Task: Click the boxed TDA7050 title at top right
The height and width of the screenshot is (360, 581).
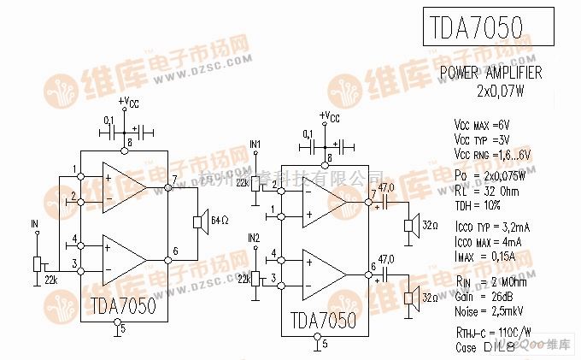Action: coord(484,28)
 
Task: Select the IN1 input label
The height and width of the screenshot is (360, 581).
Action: coord(255,143)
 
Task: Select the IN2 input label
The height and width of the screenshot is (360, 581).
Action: coord(253,237)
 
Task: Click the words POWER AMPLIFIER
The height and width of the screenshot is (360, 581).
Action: coord(490,74)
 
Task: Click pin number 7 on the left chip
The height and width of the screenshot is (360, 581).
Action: coord(174,179)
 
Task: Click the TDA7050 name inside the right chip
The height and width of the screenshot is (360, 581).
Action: coord(320,319)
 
